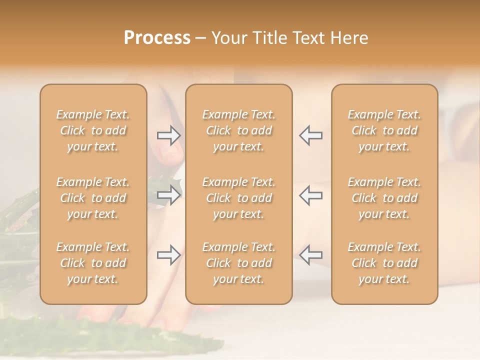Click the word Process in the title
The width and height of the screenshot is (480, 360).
[x=157, y=38]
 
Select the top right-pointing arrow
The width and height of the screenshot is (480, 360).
[x=169, y=135]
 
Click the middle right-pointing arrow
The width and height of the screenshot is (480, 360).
[x=169, y=195]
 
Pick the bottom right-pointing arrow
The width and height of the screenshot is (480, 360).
[x=169, y=255]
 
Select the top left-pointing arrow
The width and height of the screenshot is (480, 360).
[x=310, y=135]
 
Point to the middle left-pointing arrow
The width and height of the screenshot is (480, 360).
[x=310, y=195]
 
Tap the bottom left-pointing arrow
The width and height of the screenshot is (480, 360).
[x=310, y=255]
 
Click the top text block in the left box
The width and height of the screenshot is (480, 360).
[x=93, y=130]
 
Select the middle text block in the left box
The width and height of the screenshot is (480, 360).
[x=93, y=198]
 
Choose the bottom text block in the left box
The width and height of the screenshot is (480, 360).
[x=93, y=263]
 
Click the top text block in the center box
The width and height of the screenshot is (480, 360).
[x=238, y=130]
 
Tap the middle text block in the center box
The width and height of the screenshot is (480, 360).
[x=238, y=198]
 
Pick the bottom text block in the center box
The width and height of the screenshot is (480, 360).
[x=238, y=263]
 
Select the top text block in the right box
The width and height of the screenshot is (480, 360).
[x=384, y=130]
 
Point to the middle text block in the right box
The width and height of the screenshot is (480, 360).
[x=384, y=198]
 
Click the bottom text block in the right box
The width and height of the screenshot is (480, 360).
[x=384, y=263]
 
